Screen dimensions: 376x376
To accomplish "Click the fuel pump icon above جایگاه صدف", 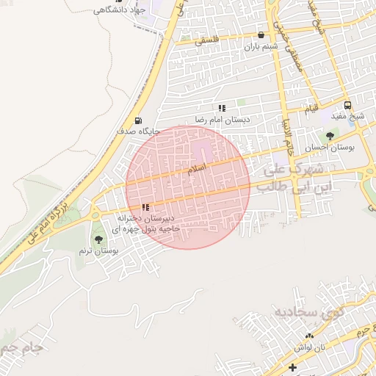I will [x=137, y=120].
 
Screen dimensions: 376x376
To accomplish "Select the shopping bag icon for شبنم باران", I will [x=261, y=35].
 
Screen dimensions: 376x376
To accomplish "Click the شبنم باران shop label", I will [x=261, y=46].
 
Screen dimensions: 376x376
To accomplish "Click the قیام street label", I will [x=312, y=109].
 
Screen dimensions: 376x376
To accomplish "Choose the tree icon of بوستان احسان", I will [x=329, y=136].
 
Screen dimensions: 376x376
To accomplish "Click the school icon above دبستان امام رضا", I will [x=222, y=108].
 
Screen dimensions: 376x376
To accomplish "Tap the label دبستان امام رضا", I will [x=223, y=118].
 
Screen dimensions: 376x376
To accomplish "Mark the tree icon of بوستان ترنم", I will [x=98, y=239].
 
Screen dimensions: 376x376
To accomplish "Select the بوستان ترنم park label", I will [x=99, y=250].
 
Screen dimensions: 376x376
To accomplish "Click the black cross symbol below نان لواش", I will [x=293, y=366].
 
